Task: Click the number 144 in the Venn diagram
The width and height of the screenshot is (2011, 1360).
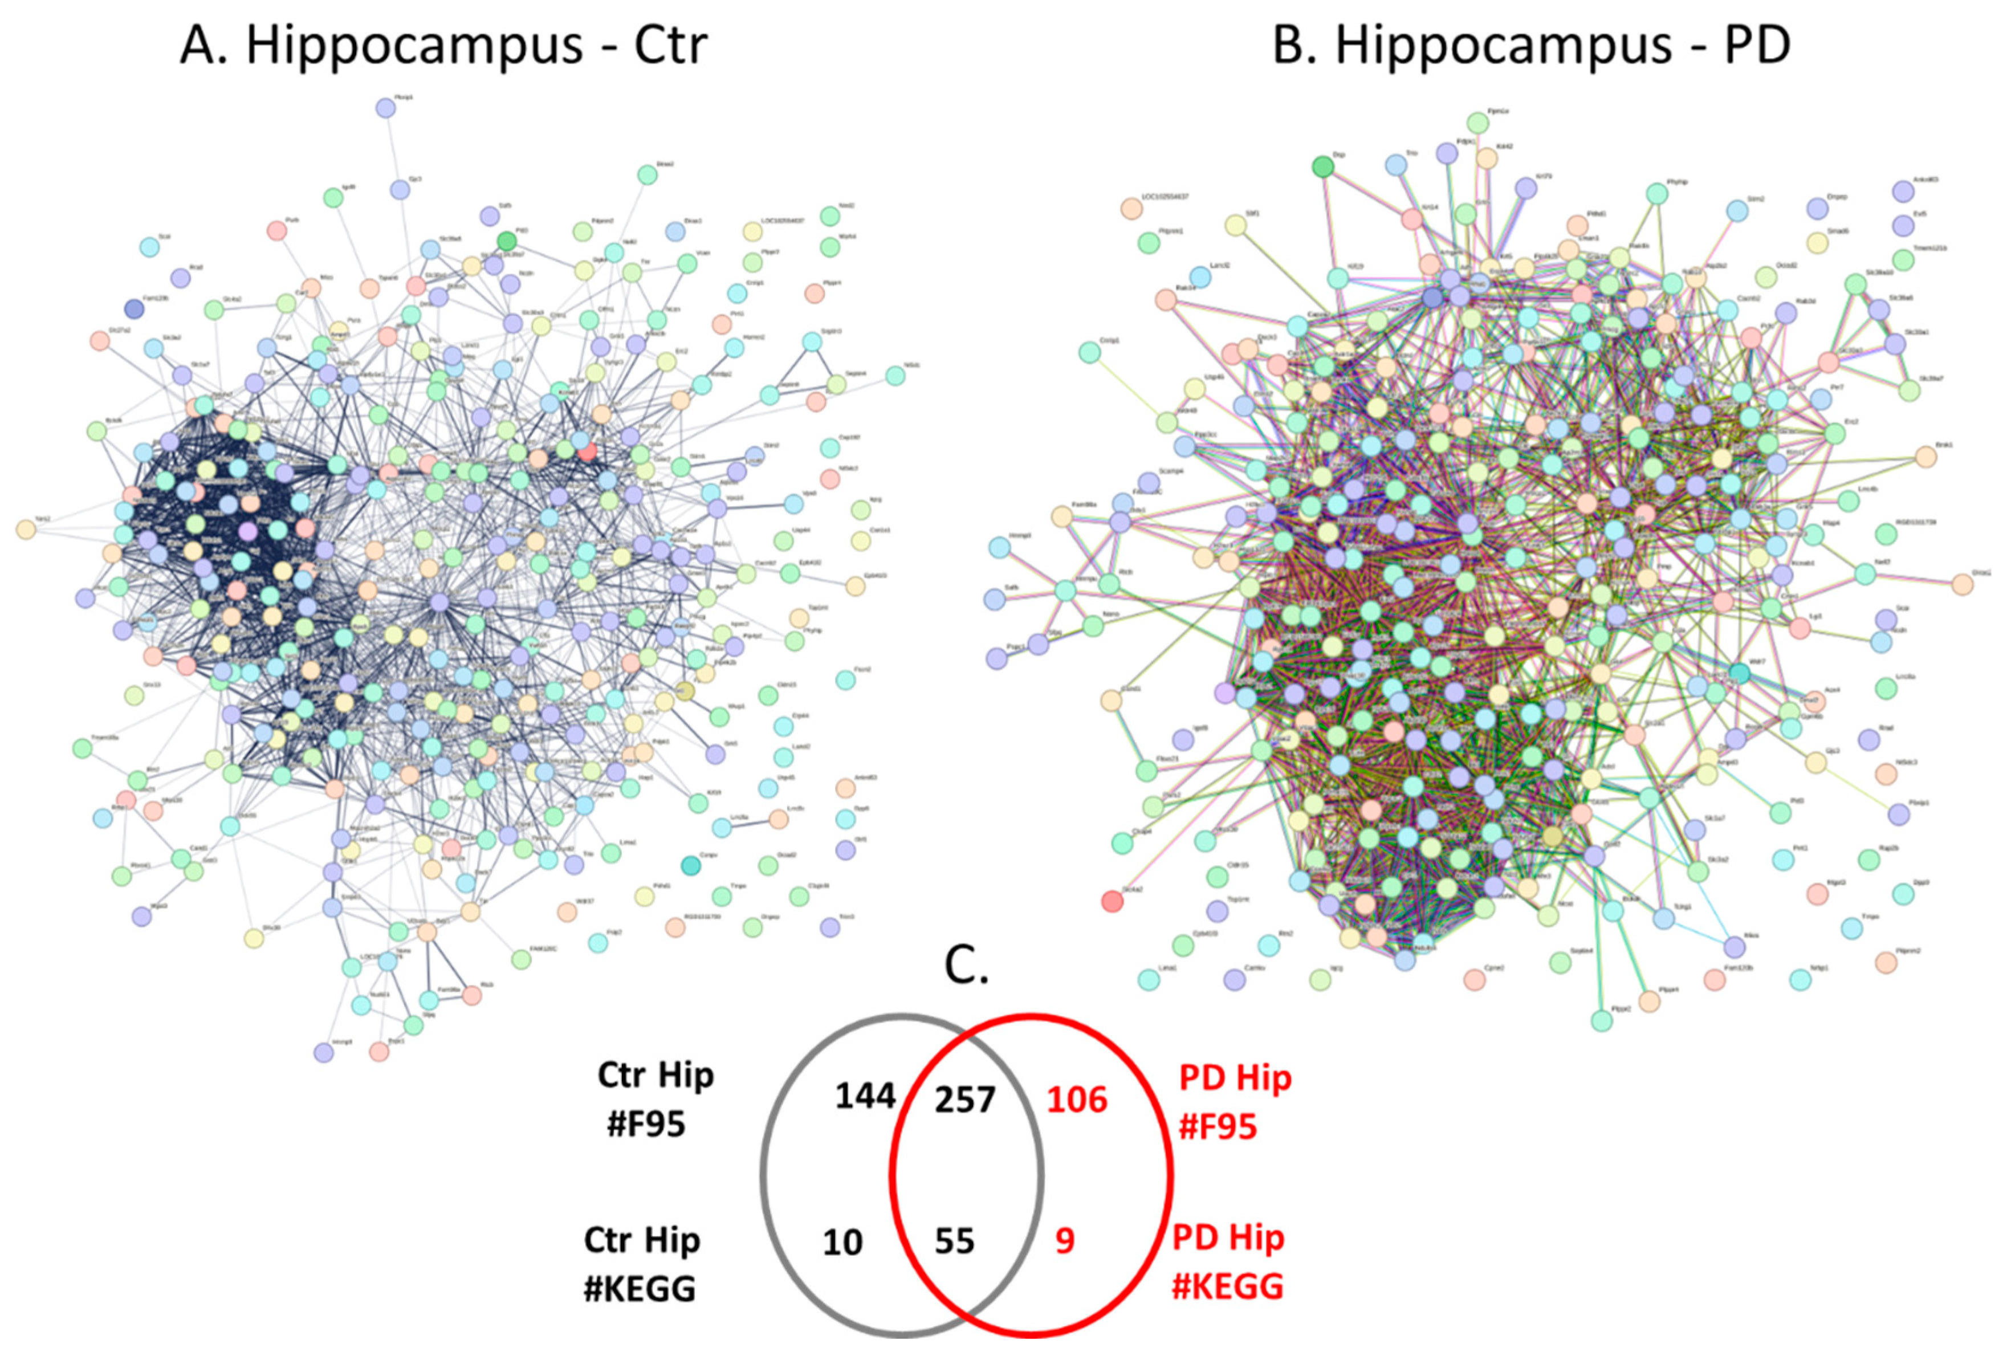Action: click(865, 1096)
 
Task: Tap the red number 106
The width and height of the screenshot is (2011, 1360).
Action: click(1076, 1100)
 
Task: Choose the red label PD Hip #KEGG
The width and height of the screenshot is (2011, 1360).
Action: click(1228, 1261)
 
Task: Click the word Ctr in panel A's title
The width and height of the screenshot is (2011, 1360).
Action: click(671, 45)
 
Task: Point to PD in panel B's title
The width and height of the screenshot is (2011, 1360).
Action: click(1757, 45)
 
